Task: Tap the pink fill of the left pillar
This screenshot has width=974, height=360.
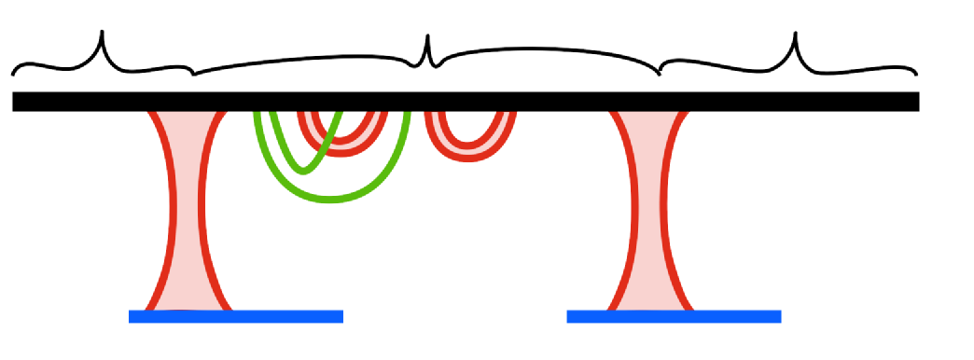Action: [x=187, y=215]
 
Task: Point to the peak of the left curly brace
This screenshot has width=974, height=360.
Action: [x=103, y=34]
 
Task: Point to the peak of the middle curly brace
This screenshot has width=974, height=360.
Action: [x=427, y=38]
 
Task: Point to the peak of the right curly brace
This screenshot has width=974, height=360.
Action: [x=796, y=35]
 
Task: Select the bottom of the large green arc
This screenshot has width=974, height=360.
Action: [x=333, y=199]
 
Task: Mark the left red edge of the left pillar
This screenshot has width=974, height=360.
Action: [x=171, y=215]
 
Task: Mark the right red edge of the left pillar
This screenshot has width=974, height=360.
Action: [x=202, y=215]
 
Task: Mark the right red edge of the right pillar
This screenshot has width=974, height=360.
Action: [x=665, y=215]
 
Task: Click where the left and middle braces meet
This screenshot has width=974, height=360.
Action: [x=192, y=72]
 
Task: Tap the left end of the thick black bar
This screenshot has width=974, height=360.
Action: [x=16, y=102]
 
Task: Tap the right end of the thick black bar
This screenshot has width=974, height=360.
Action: [x=916, y=102]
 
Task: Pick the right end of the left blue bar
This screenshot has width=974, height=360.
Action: [x=341, y=316]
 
